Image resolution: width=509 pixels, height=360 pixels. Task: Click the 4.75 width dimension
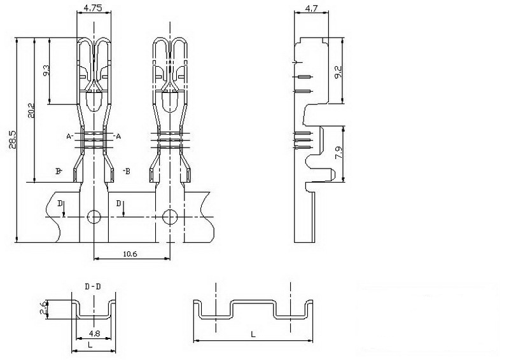(93, 8)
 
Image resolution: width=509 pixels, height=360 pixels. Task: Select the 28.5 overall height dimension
(12, 139)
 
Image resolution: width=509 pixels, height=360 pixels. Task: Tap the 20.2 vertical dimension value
(31, 111)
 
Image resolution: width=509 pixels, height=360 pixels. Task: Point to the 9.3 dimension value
(46, 71)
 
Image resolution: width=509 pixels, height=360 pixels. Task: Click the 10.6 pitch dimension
(130, 254)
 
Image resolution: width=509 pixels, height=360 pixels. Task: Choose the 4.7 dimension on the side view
(311, 8)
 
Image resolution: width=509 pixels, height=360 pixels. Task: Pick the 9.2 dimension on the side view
(338, 72)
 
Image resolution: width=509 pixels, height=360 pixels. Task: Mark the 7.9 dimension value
(338, 153)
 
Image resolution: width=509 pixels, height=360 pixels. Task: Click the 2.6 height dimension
(44, 307)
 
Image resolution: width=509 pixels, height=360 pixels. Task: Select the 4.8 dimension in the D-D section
(94, 333)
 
